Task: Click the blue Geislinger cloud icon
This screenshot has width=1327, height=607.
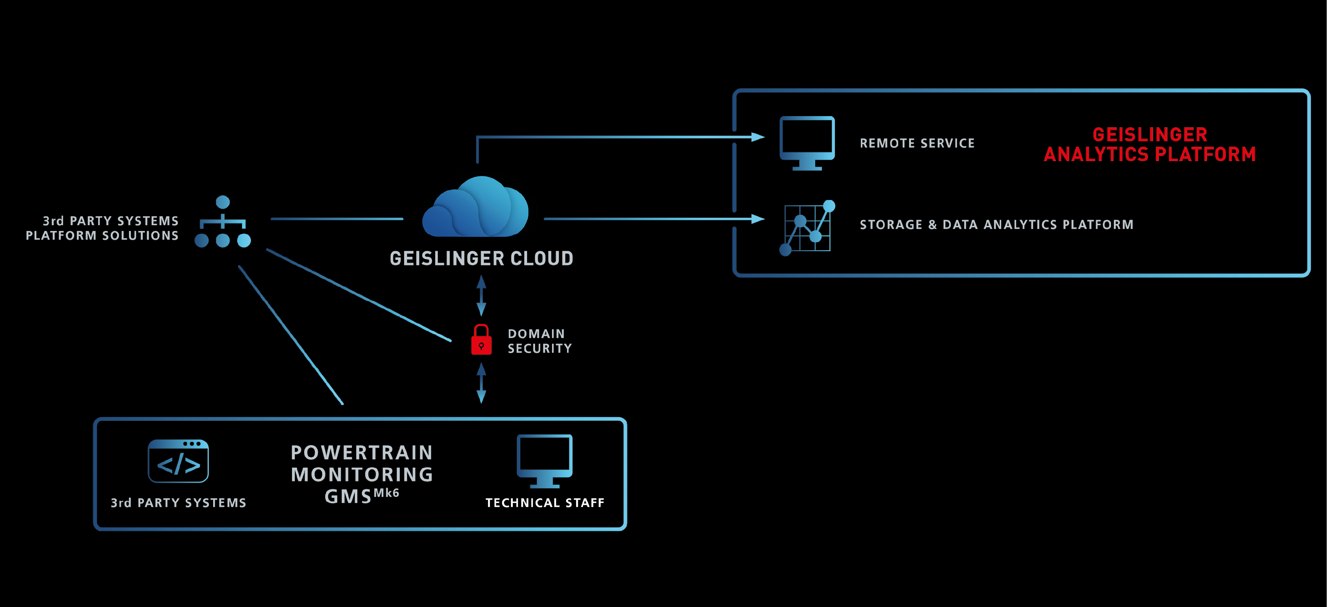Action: click(x=476, y=207)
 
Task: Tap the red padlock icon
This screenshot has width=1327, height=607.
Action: click(x=481, y=340)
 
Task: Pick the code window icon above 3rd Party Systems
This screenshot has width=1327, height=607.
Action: click(x=178, y=461)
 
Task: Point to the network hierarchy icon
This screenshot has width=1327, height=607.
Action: click(x=222, y=222)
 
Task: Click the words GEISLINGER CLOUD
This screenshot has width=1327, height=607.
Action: click(x=481, y=258)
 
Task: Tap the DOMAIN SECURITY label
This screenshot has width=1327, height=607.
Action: click(x=539, y=341)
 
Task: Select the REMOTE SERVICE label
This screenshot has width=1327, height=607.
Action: click(x=917, y=143)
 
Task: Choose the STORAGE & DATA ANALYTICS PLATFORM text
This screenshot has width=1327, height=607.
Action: click(x=996, y=225)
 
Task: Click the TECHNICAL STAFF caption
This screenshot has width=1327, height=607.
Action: click(x=545, y=502)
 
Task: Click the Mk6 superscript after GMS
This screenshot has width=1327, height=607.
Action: click(x=386, y=493)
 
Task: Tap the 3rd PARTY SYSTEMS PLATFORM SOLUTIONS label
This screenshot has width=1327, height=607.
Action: click(x=102, y=228)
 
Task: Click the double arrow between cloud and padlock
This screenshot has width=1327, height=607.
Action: click(x=481, y=295)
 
